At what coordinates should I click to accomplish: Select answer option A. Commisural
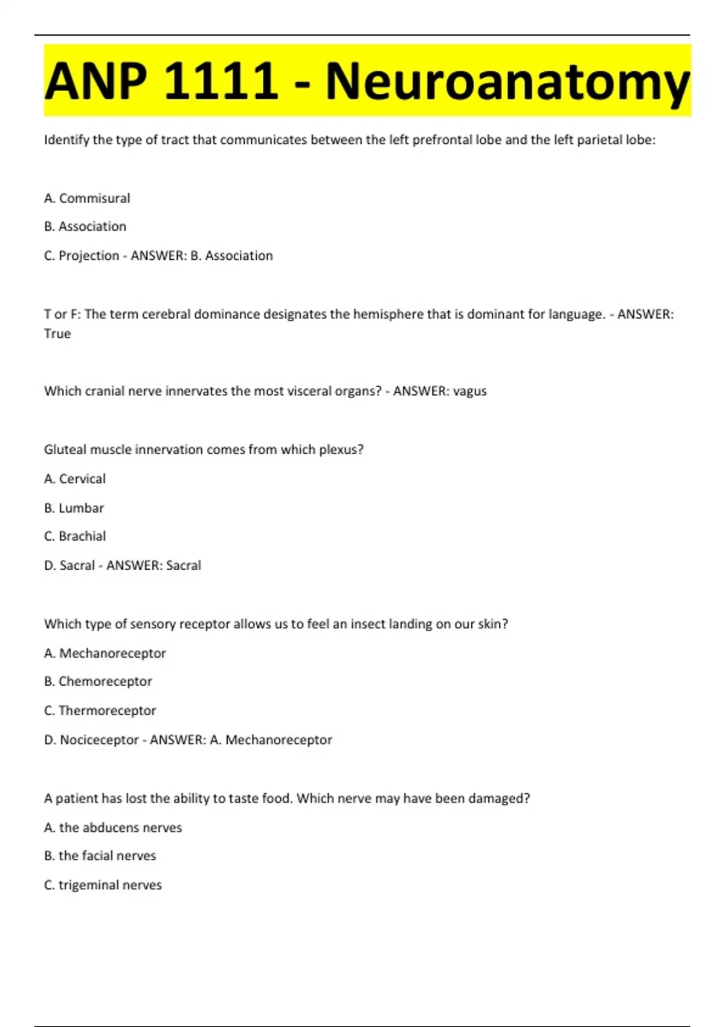pyautogui.click(x=87, y=198)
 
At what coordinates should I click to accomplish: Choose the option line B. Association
pyautogui.click(x=85, y=227)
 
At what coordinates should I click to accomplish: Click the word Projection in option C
pyautogui.click(x=89, y=256)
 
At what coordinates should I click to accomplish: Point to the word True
pyautogui.click(x=57, y=333)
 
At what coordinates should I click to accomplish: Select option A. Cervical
pyautogui.click(x=75, y=478)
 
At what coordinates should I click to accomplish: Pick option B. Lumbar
pyautogui.click(x=74, y=507)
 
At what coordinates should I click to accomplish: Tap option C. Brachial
pyautogui.click(x=75, y=536)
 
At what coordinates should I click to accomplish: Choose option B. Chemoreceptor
pyautogui.click(x=98, y=681)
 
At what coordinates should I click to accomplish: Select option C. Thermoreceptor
pyautogui.click(x=100, y=710)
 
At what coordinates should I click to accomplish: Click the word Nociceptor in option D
pyautogui.click(x=99, y=739)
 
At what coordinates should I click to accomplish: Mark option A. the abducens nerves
pyautogui.click(x=113, y=828)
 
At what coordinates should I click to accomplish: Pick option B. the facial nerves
pyautogui.click(x=100, y=855)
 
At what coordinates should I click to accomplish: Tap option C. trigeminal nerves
pyautogui.click(x=103, y=885)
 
